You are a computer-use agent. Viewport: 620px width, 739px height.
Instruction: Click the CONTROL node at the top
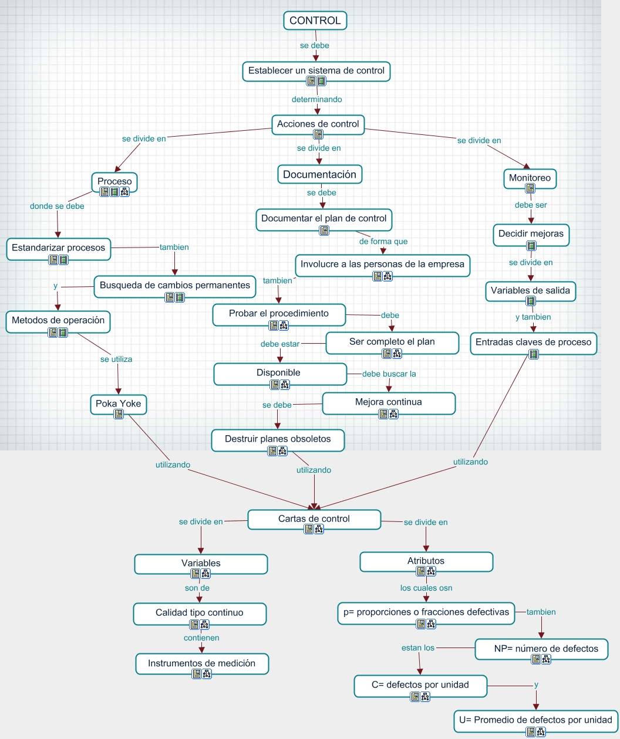[315, 21]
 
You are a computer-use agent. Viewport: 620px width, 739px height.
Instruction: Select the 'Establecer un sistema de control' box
[316, 70]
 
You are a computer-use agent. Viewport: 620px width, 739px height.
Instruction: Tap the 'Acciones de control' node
[318, 124]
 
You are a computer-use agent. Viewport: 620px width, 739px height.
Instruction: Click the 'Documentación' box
[319, 174]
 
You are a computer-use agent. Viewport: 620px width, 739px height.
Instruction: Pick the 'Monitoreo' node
[530, 178]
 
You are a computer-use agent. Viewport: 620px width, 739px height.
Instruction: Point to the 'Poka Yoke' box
[118, 404]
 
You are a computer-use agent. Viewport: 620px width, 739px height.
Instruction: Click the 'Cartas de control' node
[314, 518]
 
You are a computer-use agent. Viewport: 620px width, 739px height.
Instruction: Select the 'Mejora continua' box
[388, 402]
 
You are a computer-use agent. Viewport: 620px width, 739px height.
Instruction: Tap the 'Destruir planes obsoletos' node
[278, 439]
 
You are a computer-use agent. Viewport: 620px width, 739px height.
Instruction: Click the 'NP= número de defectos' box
[541, 648]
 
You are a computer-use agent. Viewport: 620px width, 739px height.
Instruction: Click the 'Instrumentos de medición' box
[201, 663]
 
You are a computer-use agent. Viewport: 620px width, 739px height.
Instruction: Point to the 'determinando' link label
[316, 99]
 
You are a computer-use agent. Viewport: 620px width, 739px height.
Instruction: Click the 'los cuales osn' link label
[426, 588]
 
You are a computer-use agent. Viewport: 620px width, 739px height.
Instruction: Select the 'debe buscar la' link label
[389, 374]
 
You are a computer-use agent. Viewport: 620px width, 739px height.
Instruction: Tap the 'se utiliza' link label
[116, 359]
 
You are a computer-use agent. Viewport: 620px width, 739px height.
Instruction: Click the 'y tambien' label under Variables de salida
[533, 317]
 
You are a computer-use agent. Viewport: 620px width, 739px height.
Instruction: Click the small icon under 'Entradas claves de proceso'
[533, 354]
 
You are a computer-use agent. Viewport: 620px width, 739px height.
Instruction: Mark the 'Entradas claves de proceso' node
[533, 342]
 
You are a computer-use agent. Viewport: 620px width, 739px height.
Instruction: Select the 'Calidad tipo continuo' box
[199, 612]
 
